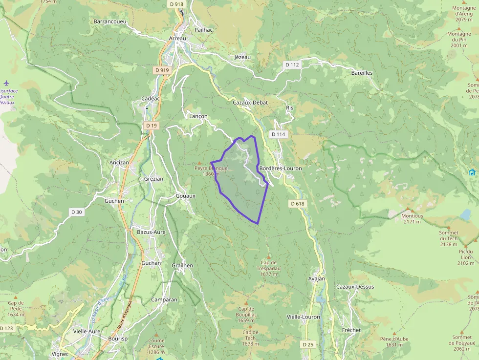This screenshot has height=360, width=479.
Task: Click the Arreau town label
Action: pos(177,38)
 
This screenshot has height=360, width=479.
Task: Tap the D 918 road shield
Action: pos(177,4)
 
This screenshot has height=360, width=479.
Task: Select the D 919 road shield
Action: pos(162,70)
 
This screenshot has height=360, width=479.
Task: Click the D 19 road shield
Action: pos(152,126)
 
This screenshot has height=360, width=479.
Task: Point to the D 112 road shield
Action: pos(292,64)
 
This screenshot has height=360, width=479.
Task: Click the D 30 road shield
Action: pos(76,212)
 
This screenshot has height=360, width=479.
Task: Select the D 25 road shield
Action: pos(307,344)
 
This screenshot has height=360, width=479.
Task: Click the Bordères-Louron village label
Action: pos(281,168)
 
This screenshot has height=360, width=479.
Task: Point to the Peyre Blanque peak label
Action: pos(211,168)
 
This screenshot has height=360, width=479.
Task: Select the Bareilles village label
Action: pos(362,73)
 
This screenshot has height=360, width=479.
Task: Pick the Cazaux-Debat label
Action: pos(250,103)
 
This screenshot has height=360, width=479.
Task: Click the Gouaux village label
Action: pos(185,195)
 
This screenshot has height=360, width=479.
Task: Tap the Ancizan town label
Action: pos(120,163)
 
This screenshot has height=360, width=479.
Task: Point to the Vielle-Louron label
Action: pos(303,317)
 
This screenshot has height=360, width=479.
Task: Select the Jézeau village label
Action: pos(242,57)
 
